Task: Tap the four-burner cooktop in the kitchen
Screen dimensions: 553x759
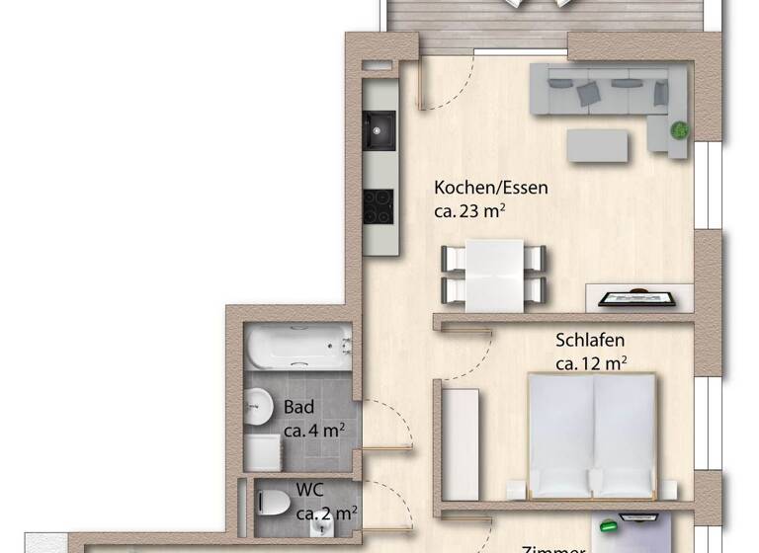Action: tap(379, 205)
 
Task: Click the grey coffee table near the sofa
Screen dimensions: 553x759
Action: tap(598, 145)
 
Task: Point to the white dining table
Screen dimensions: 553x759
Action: tap(493, 275)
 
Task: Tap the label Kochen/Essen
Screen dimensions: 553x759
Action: tap(491, 187)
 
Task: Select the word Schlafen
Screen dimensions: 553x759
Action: tap(590, 341)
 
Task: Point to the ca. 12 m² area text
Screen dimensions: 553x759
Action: tap(590, 363)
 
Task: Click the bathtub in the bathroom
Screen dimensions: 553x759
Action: tap(297, 347)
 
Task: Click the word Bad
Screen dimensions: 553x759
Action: tap(299, 407)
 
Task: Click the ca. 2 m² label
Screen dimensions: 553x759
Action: tap(326, 513)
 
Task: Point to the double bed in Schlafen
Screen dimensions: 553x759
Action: tap(592, 434)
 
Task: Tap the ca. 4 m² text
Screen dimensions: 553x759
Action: tap(314, 431)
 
